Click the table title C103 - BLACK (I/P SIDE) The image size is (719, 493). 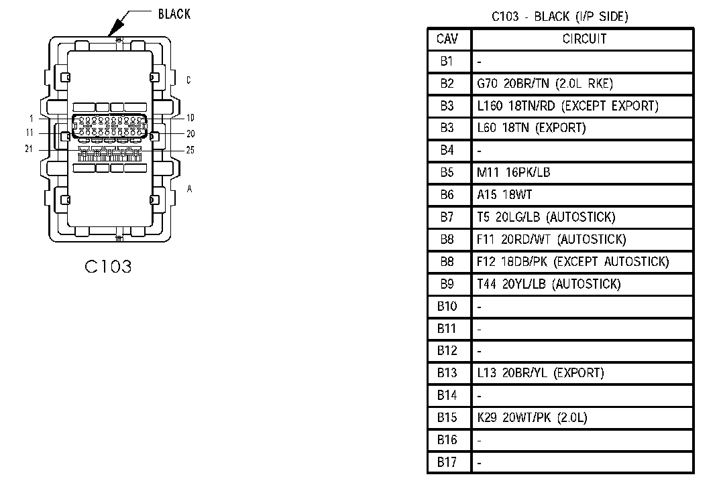(x=559, y=17)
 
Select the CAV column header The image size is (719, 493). (x=447, y=39)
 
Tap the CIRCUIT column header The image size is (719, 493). (x=584, y=39)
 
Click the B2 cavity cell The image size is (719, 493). (x=447, y=83)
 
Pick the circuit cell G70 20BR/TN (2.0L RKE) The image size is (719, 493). (x=545, y=84)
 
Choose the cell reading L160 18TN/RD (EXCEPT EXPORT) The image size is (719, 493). (x=567, y=106)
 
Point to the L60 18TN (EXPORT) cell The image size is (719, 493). (x=531, y=128)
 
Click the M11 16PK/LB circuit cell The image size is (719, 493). (x=513, y=172)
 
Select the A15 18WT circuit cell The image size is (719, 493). (x=504, y=195)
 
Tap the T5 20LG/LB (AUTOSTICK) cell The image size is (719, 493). (x=546, y=217)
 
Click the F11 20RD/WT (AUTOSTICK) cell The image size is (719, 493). (x=551, y=239)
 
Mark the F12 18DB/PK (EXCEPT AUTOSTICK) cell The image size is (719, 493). (x=573, y=261)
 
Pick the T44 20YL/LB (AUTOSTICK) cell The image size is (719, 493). (x=549, y=284)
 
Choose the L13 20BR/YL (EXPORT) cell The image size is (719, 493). (x=540, y=372)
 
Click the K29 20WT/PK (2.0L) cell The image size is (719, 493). (x=532, y=417)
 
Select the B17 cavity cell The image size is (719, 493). (x=447, y=462)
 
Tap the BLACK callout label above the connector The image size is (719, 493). (x=174, y=14)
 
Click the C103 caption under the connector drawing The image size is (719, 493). (x=109, y=267)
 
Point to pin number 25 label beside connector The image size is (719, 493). (x=190, y=150)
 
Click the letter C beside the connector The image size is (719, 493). (x=189, y=80)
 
